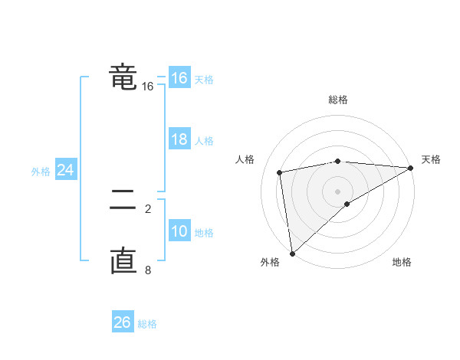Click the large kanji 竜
click(123, 77)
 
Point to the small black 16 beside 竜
click(147, 87)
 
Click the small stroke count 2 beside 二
click(148, 207)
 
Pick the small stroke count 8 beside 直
click(148, 270)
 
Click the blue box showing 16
click(179, 78)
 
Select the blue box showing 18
click(179, 139)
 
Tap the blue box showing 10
click(179, 231)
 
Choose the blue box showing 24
click(66, 170)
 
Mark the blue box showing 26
click(122, 322)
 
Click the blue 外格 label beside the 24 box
click(41, 172)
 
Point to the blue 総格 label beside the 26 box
click(147, 324)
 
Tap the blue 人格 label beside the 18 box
click(204, 141)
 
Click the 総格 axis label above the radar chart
click(337, 100)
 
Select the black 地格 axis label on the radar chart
click(402, 263)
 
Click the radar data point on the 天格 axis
click(411, 168)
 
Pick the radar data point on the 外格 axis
click(292, 253)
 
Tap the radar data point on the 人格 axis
click(280, 172)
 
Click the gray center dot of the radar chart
click(337, 191)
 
